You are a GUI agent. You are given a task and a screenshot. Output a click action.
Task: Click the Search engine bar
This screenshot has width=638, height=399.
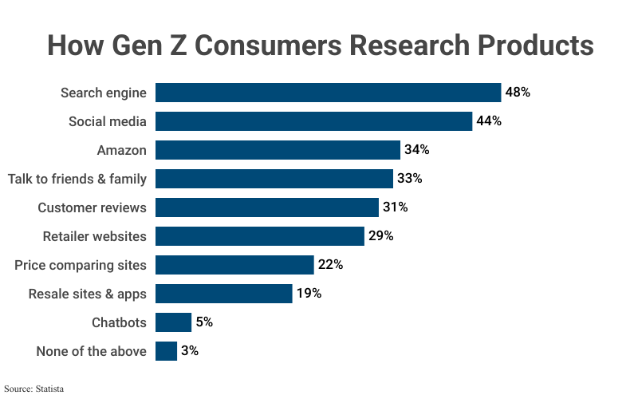tap(328, 93)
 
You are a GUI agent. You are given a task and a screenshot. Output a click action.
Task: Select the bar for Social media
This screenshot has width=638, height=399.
tap(313, 121)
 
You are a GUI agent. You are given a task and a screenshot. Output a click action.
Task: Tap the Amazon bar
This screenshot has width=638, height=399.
tap(278, 150)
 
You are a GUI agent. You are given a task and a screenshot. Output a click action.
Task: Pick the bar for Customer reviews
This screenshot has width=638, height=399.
tap(266, 207)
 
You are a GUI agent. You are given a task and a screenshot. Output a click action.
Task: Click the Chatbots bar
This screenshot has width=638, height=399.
tap(173, 322)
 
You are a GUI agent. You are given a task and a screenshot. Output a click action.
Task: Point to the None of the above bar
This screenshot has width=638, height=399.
tap(166, 351)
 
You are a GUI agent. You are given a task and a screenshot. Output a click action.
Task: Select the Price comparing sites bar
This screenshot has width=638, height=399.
tap(234, 265)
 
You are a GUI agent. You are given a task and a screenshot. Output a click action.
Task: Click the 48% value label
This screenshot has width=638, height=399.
tap(518, 93)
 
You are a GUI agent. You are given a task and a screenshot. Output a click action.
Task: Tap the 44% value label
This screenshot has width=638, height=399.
tap(488, 121)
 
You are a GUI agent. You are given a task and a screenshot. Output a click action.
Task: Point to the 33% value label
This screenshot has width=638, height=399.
tap(409, 179)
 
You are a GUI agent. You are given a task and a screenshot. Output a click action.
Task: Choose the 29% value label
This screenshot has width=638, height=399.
tap(380, 236)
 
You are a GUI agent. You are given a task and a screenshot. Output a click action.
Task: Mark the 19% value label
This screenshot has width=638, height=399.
tap(309, 294)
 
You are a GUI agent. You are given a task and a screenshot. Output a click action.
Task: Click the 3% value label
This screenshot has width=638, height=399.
tap(190, 351)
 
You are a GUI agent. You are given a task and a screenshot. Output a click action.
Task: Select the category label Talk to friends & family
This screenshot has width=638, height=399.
tap(77, 179)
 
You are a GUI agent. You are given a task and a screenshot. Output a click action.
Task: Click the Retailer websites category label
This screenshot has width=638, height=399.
tap(94, 236)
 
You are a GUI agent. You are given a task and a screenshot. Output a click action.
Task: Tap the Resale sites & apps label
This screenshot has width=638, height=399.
tap(88, 294)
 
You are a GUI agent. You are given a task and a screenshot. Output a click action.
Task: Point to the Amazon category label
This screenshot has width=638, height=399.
tap(121, 150)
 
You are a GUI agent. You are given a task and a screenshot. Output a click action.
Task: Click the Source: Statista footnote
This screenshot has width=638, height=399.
tap(33, 389)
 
